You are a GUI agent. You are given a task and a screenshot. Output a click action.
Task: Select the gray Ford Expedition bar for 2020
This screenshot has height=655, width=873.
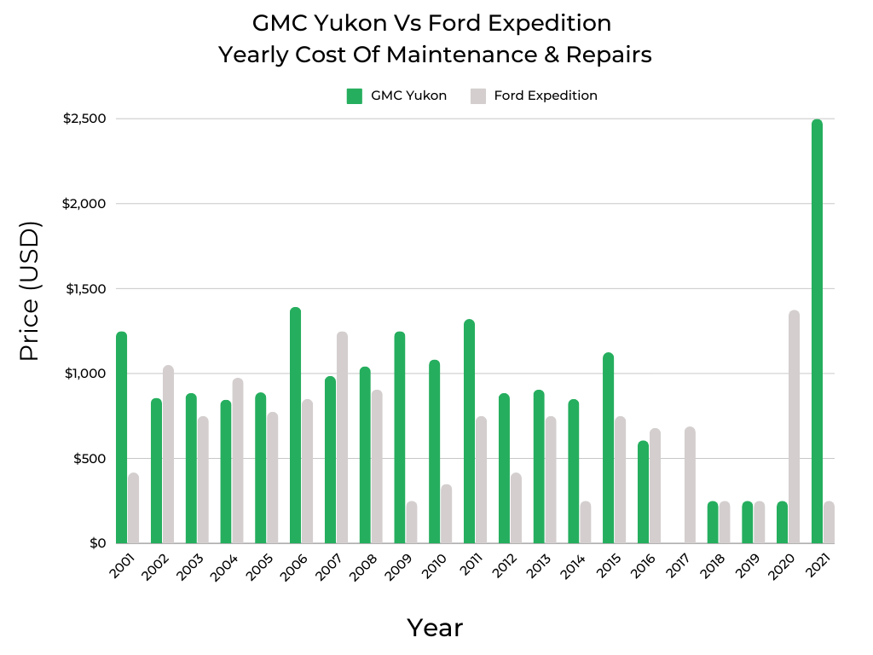coord(794,426)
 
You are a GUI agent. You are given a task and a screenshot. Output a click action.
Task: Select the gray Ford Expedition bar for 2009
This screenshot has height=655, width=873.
coord(412,522)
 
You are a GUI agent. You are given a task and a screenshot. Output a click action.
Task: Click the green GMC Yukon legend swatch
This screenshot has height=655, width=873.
coord(355,96)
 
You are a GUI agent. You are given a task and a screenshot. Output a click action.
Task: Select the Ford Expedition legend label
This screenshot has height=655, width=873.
coord(546,96)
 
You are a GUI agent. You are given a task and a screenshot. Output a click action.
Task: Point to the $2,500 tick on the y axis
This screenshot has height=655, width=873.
coord(84,119)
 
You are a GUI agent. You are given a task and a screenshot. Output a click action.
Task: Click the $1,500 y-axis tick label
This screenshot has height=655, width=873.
coord(84,288)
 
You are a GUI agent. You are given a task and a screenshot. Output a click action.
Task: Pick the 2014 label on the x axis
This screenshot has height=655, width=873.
coord(574,566)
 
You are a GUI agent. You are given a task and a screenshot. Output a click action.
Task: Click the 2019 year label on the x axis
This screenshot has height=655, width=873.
coord(748,566)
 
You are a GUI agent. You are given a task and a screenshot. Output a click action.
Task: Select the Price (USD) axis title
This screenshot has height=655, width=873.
coord(30,290)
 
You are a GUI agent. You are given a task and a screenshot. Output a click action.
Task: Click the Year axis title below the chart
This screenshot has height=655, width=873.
coord(435,628)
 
